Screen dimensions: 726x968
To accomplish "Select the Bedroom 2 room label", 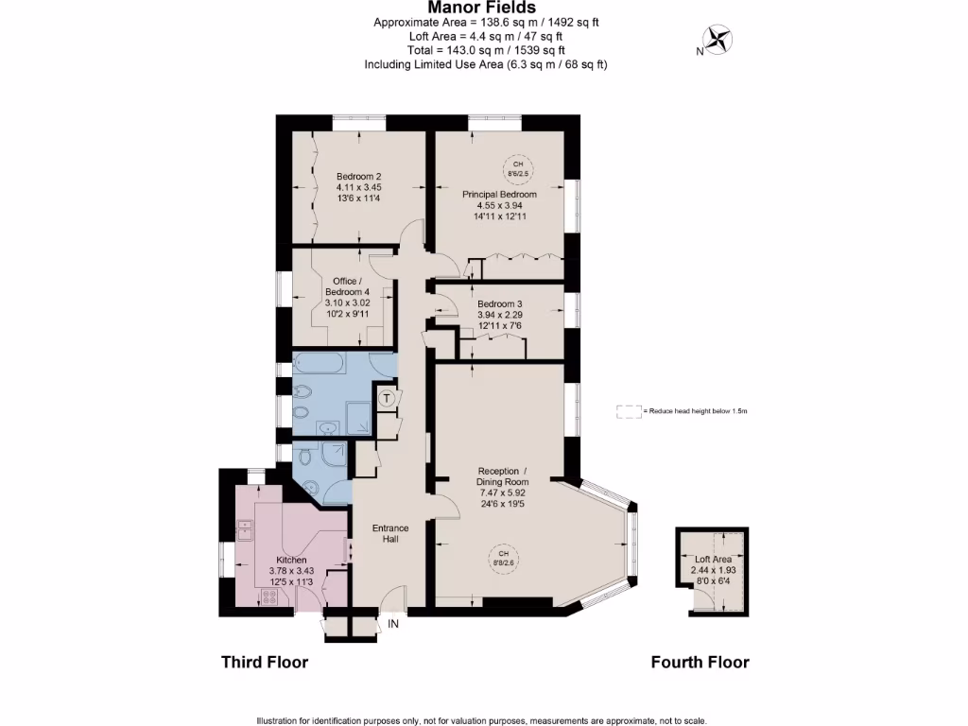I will (x=359, y=176).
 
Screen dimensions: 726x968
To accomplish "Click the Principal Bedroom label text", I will (x=500, y=195).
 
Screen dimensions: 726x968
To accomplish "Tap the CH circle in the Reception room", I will (x=504, y=559).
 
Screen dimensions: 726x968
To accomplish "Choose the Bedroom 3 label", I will (x=500, y=303).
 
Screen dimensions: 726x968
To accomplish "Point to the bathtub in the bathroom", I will (x=329, y=364).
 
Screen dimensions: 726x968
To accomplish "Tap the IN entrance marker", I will (x=393, y=624).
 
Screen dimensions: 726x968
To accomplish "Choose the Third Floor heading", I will (x=264, y=662).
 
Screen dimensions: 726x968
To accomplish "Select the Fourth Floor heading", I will (x=700, y=662).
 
